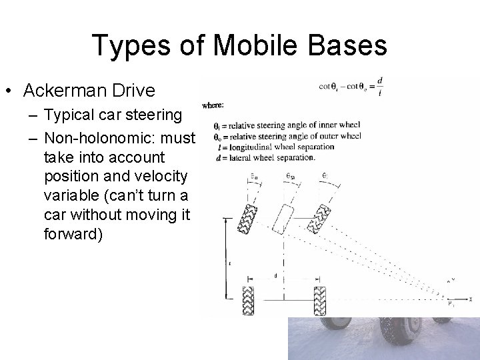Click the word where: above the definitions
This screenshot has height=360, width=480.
click(x=213, y=105)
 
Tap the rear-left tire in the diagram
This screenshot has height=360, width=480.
click(x=248, y=301)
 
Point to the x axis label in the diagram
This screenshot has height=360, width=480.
click(x=471, y=299)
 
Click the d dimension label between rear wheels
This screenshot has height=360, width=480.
click(x=275, y=276)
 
